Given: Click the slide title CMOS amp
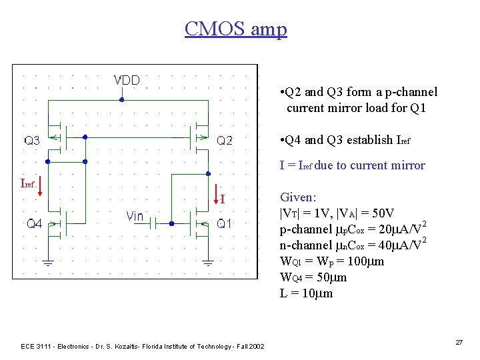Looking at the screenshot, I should click(235, 29).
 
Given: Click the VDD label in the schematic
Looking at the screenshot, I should click(127, 81).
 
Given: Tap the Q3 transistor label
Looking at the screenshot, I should click(33, 141).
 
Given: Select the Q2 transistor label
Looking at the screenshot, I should click(225, 141).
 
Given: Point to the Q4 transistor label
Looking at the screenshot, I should click(35, 225).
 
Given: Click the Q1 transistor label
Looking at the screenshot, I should click(225, 225).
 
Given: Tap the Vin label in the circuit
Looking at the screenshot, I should click(135, 217).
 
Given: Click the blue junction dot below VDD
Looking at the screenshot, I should click(121, 100).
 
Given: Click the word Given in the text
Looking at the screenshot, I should click(298, 197).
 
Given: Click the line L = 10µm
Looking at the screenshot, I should click(307, 293).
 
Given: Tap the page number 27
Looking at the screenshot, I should click(459, 342).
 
